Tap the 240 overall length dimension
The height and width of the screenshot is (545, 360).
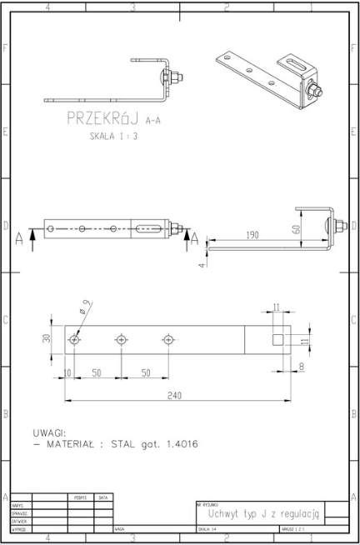point(173,396)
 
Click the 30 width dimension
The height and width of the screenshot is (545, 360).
point(47,339)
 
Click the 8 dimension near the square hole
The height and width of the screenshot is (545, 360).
point(300,365)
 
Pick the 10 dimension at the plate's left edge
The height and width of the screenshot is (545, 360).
point(66,373)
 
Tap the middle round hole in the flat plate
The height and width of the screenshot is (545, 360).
point(122,339)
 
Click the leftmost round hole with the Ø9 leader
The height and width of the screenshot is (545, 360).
point(75,340)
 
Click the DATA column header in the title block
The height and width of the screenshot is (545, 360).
point(103,497)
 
